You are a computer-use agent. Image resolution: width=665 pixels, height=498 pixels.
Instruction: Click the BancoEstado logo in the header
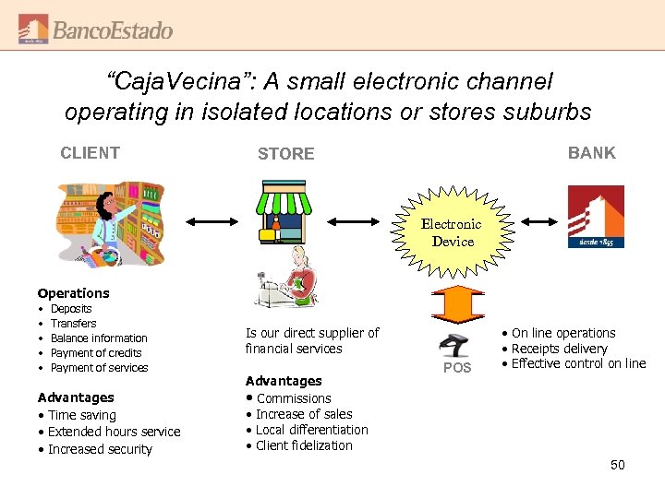pyautogui.click(x=95, y=30)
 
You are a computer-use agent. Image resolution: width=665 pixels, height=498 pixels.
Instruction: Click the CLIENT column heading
pyautogui.click(x=90, y=153)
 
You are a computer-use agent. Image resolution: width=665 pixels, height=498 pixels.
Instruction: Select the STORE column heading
pyautogui.click(x=285, y=154)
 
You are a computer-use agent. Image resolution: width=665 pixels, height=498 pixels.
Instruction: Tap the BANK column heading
pyautogui.click(x=591, y=153)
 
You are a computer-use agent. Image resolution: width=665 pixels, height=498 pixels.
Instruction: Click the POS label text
pyautogui.click(x=457, y=368)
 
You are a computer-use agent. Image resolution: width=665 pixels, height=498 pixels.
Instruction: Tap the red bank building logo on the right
pyautogui.click(x=596, y=217)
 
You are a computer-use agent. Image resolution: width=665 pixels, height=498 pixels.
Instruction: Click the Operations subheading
pyautogui.click(x=73, y=293)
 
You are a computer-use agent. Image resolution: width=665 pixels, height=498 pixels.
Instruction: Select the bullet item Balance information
pyautogui.click(x=99, y=338)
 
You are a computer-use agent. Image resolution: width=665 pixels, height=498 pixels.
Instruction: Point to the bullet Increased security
pyautogui.click(x=100, y=449)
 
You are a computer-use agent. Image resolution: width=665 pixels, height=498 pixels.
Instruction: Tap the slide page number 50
pyautogui.click(x=617, y=465)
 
